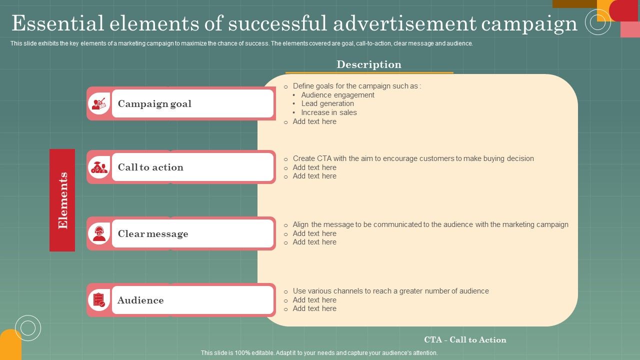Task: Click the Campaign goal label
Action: pos(154,104)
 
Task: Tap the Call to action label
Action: pos(150,167)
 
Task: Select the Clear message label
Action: pos(153,234)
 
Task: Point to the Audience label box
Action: pos(192,300)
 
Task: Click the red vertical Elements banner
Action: pos(62,200)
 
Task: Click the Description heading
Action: pos(369,64)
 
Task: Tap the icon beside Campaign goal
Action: pos(99,104)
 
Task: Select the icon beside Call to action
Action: pos(99,167)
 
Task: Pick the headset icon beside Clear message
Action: pos(99,233)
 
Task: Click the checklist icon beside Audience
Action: pos(99,300)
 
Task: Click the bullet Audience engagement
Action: pos(337,95)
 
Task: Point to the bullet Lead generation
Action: pos(327,103)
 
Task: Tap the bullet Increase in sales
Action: pos(329,112)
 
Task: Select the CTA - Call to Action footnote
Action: pos(465,339)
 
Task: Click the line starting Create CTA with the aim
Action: pos(413,158)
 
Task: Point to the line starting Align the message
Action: pos(430,224)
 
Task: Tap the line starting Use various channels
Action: pos(390,291)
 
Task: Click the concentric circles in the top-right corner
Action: pos(597,22)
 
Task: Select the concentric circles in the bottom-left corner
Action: pos(28,328)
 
